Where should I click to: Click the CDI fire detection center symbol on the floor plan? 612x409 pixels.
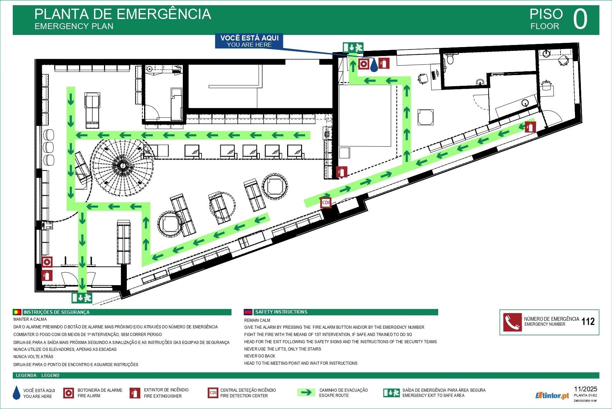326,203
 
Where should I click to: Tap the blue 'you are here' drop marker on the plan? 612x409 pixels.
374,65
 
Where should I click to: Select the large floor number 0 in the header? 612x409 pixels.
580,19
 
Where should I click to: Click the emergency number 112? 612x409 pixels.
588,322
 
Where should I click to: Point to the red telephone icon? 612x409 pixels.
512,322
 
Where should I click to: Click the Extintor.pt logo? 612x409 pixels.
552,395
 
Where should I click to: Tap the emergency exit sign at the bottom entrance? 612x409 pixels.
82,298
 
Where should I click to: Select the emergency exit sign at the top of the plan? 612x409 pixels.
353,47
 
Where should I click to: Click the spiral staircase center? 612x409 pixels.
122,165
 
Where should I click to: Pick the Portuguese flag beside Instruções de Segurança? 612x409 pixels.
17,312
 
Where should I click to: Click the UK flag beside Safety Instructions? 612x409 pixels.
248,312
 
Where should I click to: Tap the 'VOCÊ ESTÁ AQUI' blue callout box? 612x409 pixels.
249,41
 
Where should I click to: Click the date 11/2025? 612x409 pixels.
585,389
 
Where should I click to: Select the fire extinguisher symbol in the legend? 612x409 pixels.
134,393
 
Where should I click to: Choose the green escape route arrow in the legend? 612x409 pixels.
306,392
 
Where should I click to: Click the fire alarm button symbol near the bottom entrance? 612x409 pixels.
47,262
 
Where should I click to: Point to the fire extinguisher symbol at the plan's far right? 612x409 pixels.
530,127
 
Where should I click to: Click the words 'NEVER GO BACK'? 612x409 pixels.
260,356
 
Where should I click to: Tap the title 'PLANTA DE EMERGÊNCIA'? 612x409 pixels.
123,15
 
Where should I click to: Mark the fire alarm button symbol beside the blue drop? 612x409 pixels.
364,64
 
